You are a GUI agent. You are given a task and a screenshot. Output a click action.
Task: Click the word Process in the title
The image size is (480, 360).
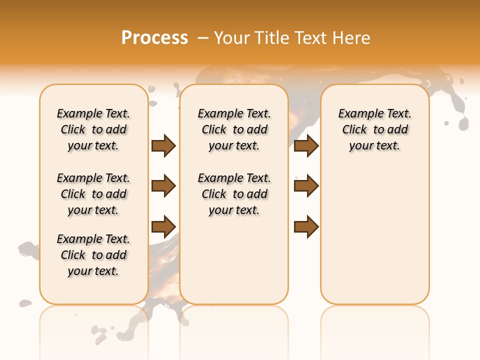154,38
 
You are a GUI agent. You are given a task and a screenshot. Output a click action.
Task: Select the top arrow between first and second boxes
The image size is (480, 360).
163,145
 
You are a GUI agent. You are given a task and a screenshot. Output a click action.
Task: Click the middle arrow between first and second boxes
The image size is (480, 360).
163,186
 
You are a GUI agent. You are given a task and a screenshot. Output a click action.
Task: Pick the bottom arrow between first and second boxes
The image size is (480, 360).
163,226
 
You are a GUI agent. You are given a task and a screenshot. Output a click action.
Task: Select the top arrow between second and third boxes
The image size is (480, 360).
306,145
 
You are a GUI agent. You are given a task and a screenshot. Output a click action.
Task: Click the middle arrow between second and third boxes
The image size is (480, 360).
306,186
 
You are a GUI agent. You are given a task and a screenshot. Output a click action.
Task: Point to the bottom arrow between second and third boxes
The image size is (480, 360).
306,226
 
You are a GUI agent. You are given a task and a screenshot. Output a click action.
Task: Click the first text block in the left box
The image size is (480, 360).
93,129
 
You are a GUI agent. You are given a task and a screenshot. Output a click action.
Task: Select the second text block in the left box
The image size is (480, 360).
93,194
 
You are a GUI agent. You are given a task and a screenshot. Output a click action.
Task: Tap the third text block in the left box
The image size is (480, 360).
93,255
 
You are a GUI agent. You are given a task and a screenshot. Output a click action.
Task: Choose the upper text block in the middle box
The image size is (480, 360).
234,129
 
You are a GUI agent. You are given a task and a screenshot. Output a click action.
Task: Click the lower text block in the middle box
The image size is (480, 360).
234,194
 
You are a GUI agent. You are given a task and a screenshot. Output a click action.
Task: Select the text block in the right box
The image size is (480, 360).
375,129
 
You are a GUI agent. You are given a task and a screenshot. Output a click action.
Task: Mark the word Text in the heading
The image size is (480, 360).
313,38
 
